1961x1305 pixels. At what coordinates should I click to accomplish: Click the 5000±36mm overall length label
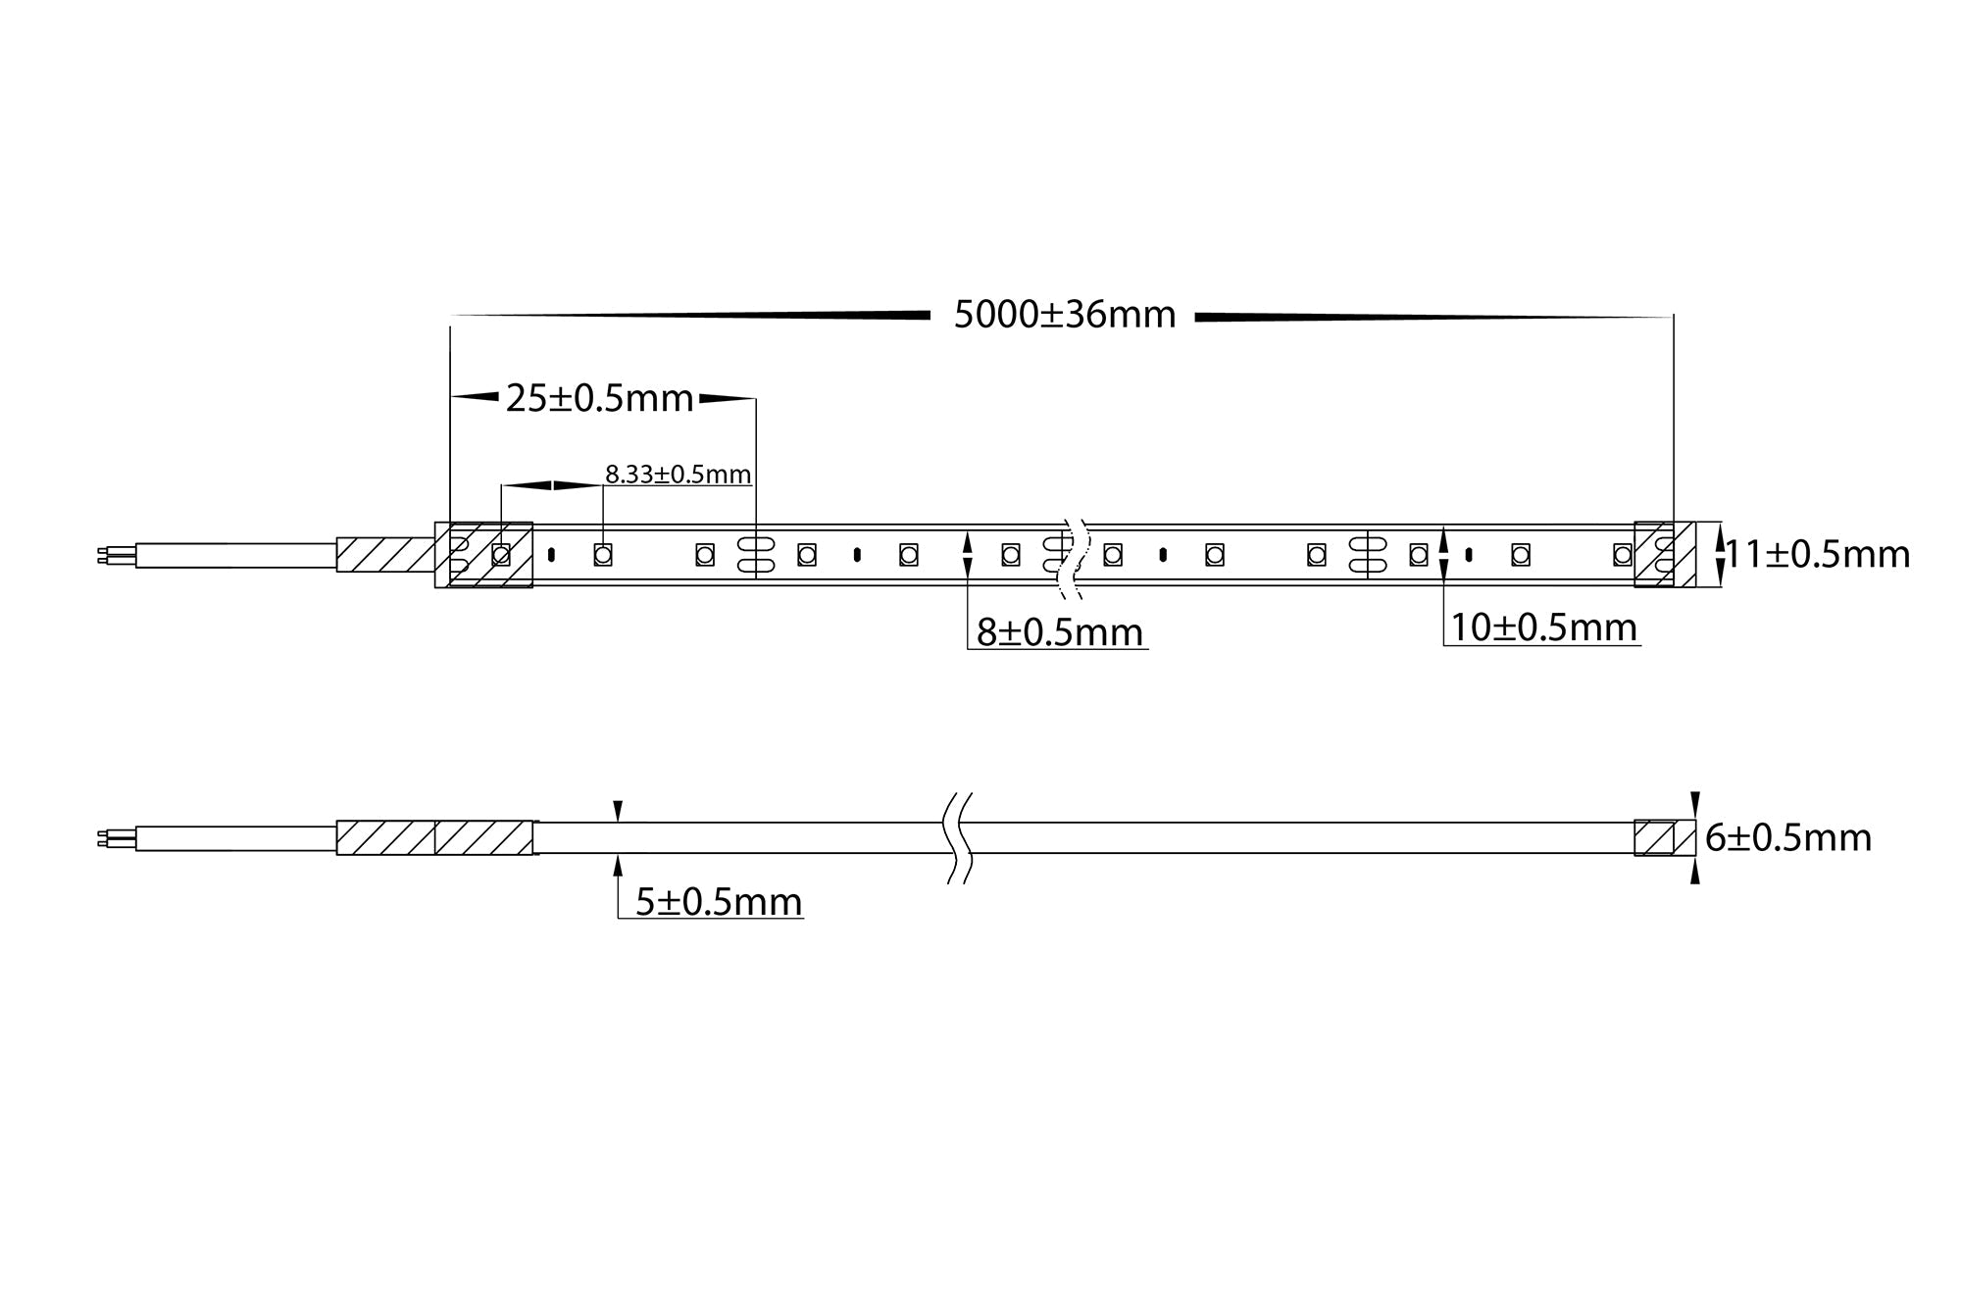(1065, 316)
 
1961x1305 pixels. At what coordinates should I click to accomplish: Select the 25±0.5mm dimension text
(599, 399)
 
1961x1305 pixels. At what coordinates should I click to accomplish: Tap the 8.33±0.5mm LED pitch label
(678, 475)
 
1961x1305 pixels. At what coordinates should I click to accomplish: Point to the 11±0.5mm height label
(1817, 555)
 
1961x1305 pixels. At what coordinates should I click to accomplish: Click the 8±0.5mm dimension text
(1059, 632)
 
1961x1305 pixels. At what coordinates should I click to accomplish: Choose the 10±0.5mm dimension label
(1543, 627)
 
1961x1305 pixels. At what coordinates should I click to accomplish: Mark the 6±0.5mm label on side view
(1788, 838)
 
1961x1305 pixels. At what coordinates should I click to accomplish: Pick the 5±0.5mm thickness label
(719, 902)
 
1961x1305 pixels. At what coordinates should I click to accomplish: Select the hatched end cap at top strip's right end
(1664, 555)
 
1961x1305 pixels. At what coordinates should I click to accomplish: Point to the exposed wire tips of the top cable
(103, 556)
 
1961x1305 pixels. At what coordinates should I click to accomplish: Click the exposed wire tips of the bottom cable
(103, 839)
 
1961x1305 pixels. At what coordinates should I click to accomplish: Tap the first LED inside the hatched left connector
(501, 555)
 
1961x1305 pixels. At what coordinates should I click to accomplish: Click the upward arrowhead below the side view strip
(618, 863)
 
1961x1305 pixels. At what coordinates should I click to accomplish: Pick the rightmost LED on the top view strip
(1622, 555)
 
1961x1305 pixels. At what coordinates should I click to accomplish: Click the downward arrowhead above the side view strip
(618, 811)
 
